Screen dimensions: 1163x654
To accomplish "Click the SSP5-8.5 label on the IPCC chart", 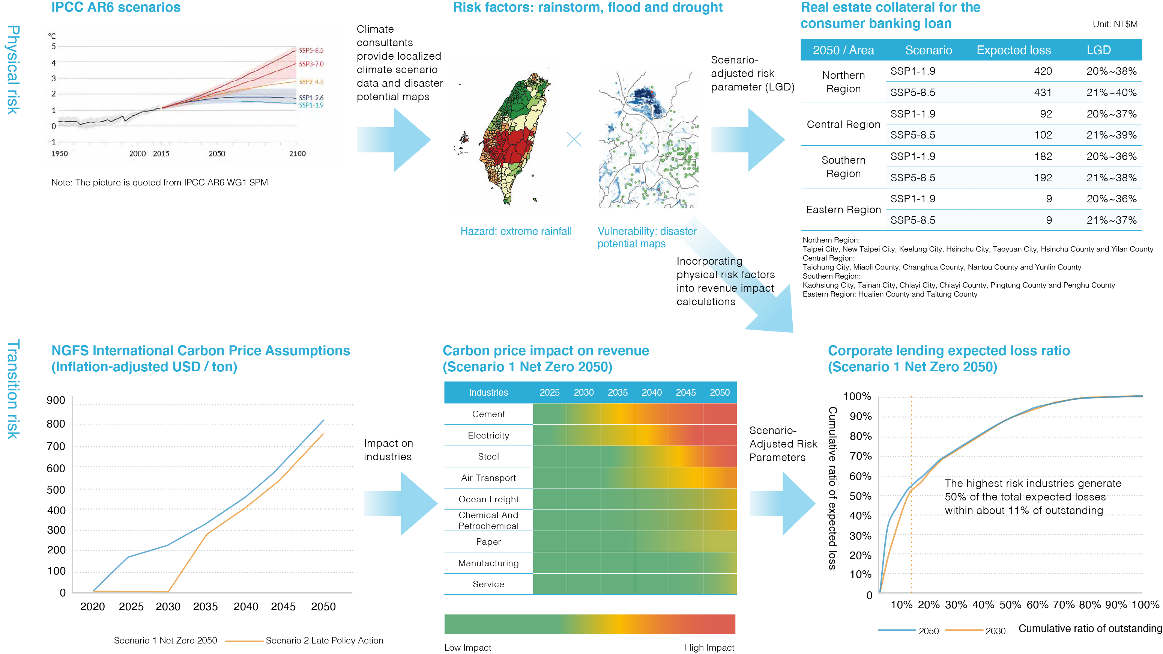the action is tap(311, 50).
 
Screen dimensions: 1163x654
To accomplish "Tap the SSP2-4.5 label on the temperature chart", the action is tap(311, 82).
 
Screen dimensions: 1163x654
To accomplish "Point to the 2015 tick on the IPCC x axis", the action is tap(161, 154).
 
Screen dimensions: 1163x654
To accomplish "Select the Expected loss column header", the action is tap(1014, 50).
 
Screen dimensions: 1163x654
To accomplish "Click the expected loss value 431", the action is tap(1043, 93).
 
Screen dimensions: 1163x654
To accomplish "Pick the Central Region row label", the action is tap(843, 124).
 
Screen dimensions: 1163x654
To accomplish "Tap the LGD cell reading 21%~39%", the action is tap(1112, 135).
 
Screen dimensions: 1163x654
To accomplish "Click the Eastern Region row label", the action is tap(843, 209).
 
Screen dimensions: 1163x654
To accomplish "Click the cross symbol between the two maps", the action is tap(574, 139).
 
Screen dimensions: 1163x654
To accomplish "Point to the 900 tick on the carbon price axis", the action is tap(56, 400).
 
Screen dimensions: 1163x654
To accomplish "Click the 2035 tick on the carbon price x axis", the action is tap(206, 607).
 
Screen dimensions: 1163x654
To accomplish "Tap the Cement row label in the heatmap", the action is tap(488, 414).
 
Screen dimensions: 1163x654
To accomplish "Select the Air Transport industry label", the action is tap(488, 478).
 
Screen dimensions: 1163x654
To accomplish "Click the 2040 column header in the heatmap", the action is tap(652, 392).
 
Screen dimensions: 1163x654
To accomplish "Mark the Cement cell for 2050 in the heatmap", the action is tap(720, 414).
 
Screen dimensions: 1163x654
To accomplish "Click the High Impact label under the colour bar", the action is tap(709, 648).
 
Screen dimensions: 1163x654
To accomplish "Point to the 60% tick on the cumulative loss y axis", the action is tap(861, 476).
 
